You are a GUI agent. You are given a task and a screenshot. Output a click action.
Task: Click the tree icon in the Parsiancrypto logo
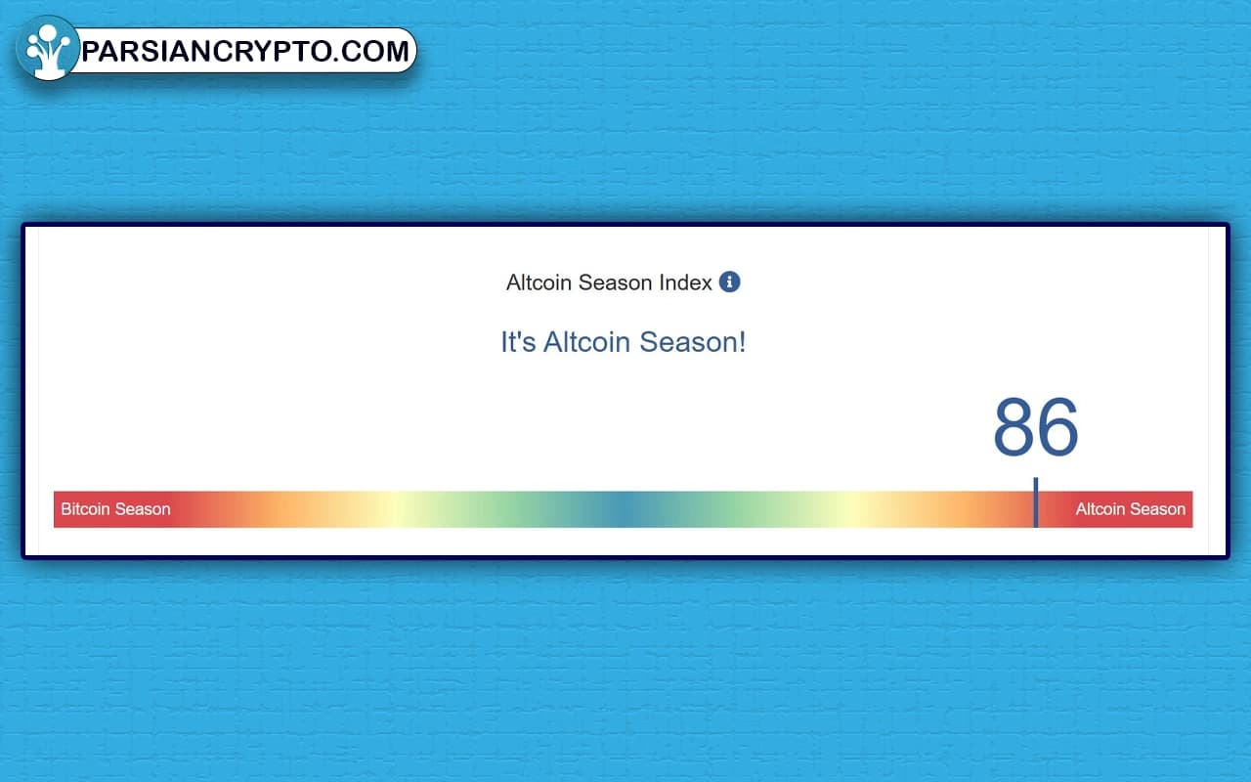click(48, 49)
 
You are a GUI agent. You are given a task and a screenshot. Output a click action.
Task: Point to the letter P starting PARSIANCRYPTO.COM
click(92, 52)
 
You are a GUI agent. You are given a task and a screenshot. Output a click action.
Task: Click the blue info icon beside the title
click(729, 282)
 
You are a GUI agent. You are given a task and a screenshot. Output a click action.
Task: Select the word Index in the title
click(685, 282)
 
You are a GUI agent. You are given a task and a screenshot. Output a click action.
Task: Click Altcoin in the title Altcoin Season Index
click(539, 282)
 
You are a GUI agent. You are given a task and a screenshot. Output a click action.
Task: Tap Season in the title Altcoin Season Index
click(615, 282)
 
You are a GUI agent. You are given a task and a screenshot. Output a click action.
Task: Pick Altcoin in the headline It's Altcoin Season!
click(586, 342)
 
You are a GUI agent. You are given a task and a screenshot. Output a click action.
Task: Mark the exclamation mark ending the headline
click(742, 342)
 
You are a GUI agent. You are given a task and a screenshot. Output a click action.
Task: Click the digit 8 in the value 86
click(1014, 426)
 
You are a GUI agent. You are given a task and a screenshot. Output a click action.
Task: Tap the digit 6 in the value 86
click(1057, 426)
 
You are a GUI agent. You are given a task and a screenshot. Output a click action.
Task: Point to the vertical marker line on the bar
click(1036, 502)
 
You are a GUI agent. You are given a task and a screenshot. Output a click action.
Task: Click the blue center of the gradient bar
click(624, 509)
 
